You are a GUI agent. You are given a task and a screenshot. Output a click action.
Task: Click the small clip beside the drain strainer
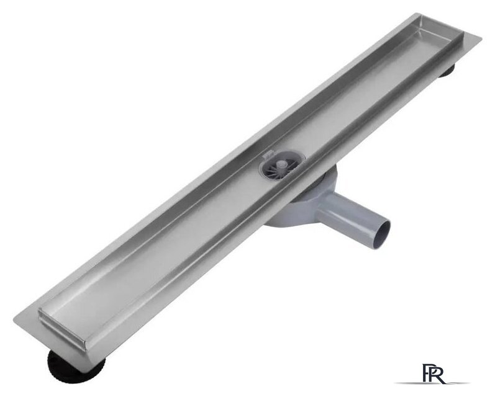pyautogui.click(x=268, y=154)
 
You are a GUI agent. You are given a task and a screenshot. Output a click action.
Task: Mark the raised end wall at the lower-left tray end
pyautogui.click(x=62, y=326)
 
